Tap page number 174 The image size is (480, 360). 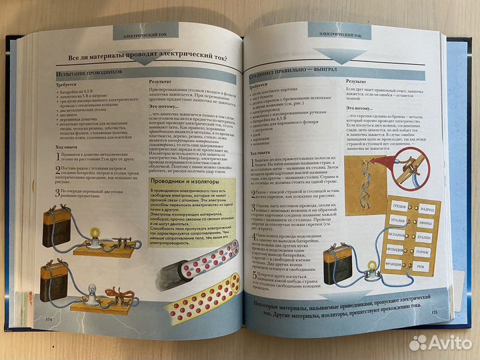click(x=48, y=319)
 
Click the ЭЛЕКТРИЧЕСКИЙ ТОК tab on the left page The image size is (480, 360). click(x=145, y=34)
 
